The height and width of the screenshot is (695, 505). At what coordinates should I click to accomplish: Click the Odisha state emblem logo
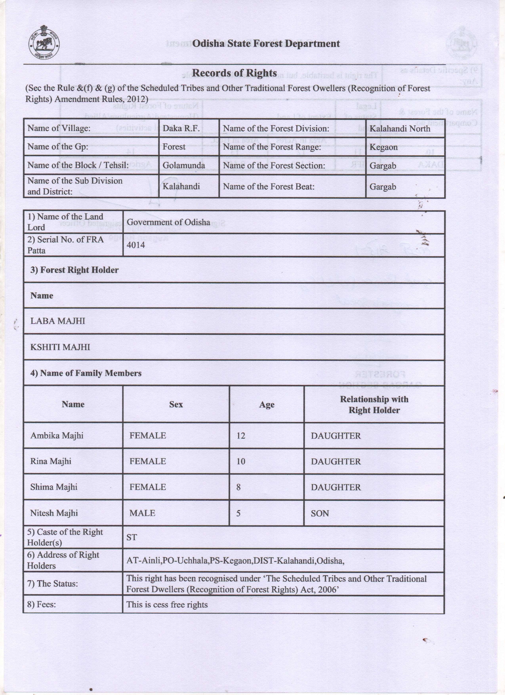pyautogui.click(x=44, y=46)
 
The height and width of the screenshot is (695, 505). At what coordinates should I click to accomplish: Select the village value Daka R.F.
pyautogui.click(x=181, y=128)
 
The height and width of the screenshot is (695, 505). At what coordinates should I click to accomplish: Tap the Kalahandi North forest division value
pyautogui.click(x=400, y=128)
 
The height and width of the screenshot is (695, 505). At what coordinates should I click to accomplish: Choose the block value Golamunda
pyautogui.click(x=184, y=165)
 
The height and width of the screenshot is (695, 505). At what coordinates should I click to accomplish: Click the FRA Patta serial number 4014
pyautogui.click(x=135, y=245)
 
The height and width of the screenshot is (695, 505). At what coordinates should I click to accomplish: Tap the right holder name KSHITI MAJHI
pyautogui.click(x=60, y=347)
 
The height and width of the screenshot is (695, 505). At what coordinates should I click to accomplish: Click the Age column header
pyautogui.click(x=267, y=405)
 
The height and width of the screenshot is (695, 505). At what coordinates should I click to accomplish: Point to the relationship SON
pyautogui.click(x=320, y=513)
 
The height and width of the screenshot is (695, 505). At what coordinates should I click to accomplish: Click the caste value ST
pyautogui.click(x=131, y=537)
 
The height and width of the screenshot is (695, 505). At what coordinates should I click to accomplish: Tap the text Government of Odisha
pyautogui.click(x=168, y=222)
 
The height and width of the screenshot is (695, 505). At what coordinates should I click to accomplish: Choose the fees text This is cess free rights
pyautogui.click(x=167, y=605)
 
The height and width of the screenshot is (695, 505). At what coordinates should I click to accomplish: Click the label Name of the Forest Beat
pyautogui.click(x=268, y=186)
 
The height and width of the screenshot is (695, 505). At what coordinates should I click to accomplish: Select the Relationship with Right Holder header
pyautogui.click(x=374, y=405)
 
